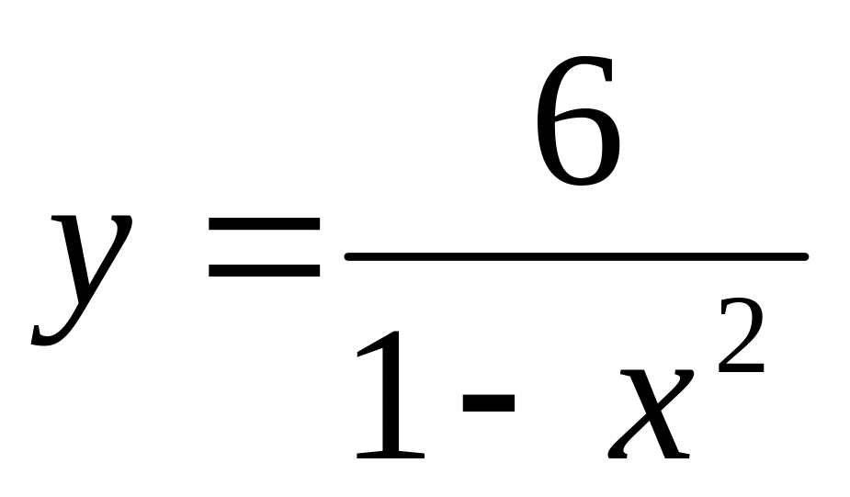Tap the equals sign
265,248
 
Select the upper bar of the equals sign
265,223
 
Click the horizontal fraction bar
576,256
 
